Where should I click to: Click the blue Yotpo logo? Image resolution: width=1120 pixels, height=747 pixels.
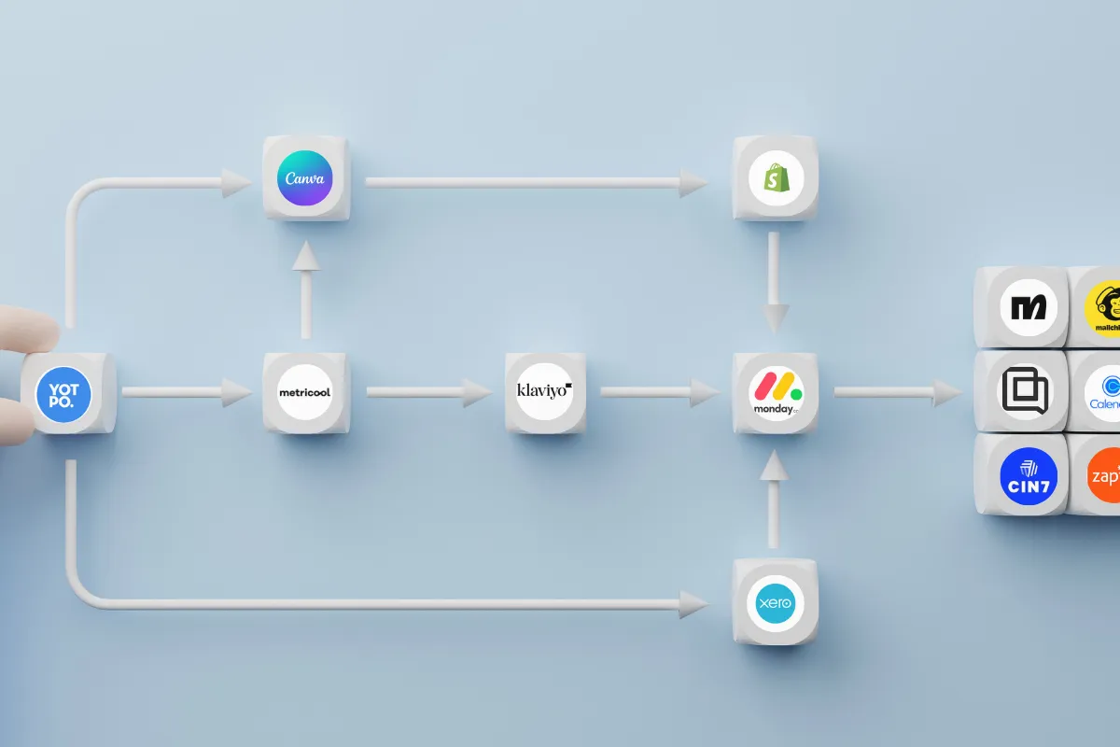tap(63, 392)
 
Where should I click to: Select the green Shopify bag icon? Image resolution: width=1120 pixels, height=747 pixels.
tap(775, 178)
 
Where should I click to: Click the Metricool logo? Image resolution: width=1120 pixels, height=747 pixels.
tap(304, 392)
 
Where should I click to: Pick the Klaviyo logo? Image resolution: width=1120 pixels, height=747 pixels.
tap(544, 391)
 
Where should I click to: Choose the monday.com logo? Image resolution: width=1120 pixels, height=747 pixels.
tap(775, 392)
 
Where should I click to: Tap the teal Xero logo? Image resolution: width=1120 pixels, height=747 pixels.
tap(775, 602)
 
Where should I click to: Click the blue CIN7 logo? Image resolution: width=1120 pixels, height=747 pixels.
tap(1027, 474)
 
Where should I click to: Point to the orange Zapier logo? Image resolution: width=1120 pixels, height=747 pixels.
tap(1106, 474)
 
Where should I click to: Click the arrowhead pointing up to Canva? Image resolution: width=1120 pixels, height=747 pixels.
tap(304, 258)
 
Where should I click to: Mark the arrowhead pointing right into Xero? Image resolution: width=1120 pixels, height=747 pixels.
tap(693, 604)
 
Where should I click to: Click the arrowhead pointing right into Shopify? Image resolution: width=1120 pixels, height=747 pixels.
tap(693, 183)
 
